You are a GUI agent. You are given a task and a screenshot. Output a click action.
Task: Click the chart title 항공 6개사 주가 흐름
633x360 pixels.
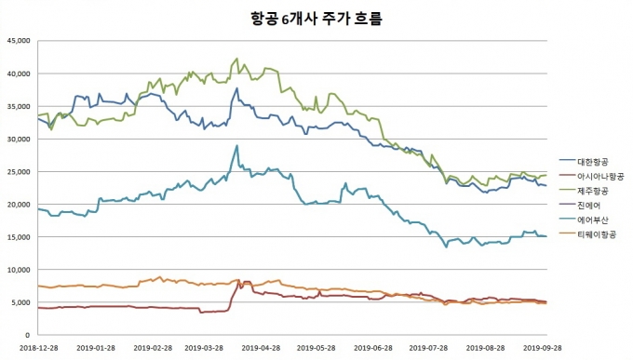click(316, 19)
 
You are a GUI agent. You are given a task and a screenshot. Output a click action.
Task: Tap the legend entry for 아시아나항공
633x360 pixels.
click(592, 176)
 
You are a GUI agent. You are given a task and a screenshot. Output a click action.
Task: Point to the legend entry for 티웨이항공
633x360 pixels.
click(587, 234)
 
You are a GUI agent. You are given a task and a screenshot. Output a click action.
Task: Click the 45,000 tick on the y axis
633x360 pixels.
click(19, 41)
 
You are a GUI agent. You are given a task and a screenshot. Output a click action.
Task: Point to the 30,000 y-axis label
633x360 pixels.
click(19, 139)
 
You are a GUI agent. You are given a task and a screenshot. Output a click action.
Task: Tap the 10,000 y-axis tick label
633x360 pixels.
click(19, 270)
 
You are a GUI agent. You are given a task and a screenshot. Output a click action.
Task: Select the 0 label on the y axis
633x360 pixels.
click(27, 335)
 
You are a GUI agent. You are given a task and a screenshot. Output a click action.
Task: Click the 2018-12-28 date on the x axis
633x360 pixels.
click(38, 348)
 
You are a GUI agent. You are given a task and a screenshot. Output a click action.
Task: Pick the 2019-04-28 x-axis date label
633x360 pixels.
click(262, 348)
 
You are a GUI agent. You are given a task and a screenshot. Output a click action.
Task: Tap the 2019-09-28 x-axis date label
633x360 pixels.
click(542, 348)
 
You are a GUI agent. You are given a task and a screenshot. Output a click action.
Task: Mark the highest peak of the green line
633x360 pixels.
click(237, 58)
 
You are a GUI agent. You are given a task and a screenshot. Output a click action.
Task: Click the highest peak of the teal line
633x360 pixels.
click(237, 145)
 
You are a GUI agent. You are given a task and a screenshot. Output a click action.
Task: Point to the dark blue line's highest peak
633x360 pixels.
click(237, 88)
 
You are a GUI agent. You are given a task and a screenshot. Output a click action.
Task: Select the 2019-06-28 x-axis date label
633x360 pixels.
click(373, 348)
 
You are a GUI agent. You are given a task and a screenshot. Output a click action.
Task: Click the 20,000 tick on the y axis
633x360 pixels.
click(19, 205)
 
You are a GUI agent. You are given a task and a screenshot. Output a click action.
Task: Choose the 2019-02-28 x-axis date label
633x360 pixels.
click(153, 348)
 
